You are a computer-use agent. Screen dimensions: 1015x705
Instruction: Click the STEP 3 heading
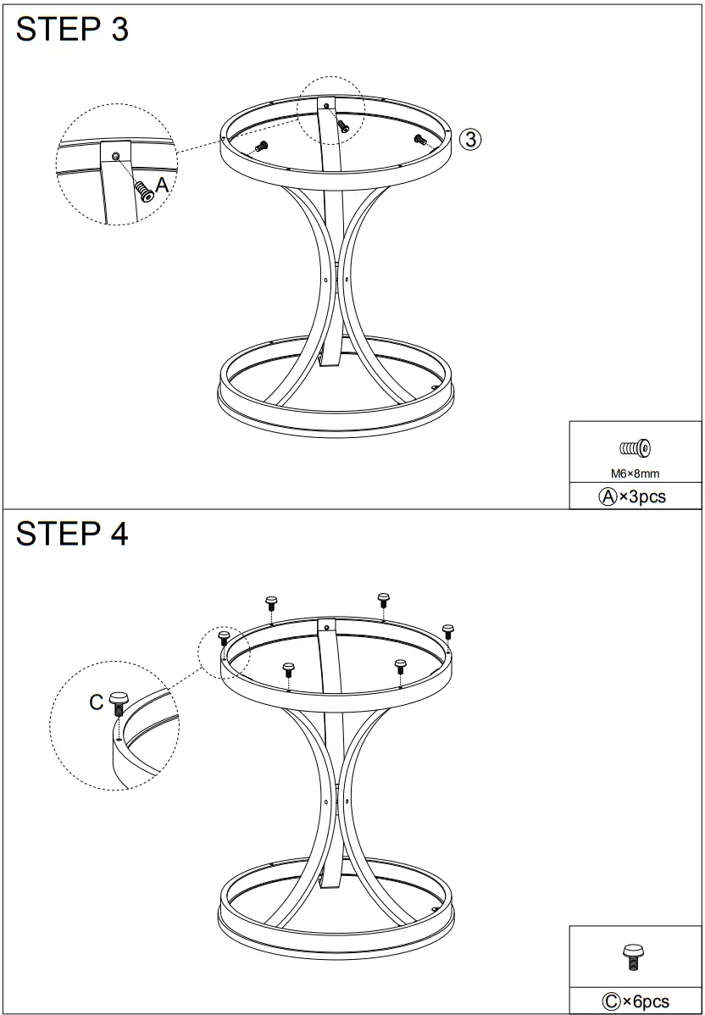click(x=72, y=30)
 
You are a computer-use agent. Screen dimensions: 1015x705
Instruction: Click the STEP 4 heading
click(x=72, y=534)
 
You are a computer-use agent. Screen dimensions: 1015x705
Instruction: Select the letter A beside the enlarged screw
click(x=162, y=186)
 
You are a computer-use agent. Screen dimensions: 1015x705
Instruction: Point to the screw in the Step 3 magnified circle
click(x=143, y=191)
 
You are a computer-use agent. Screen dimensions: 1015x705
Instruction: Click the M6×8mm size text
click(x=635, y=474)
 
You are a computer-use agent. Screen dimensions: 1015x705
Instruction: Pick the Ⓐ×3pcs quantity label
click(x=632, y=496)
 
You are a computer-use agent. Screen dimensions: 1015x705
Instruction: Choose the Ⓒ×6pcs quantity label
click(x=636, y=1001)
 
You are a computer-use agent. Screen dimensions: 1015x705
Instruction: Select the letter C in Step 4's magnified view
click(x=97, y=702)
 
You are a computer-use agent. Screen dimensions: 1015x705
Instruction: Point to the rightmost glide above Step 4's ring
click(x=448, y=631)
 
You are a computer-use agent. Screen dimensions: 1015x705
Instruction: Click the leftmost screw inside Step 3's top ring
click(x=262, y=146)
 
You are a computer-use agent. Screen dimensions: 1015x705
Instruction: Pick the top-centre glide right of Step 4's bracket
click(x=383, y=600)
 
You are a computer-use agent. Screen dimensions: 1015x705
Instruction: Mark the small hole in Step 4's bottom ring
click(x=435, y=908)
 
